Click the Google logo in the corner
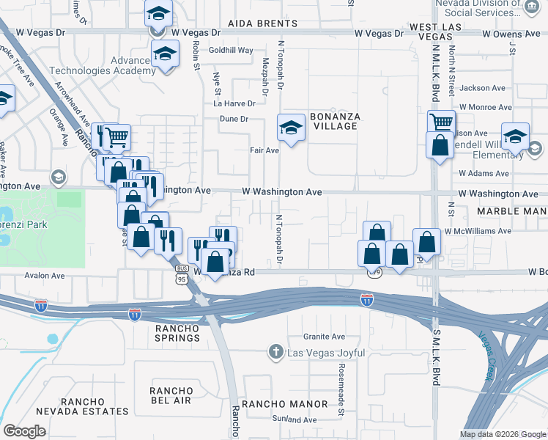24,430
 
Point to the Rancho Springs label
177,333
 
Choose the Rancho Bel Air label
171,396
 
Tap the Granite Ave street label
324,337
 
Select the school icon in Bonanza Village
291,128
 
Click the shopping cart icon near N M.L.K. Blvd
441,122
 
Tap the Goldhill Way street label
231,51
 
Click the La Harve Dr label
234,103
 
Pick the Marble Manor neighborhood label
511,211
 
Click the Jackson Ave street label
483,88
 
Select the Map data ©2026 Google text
503,433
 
